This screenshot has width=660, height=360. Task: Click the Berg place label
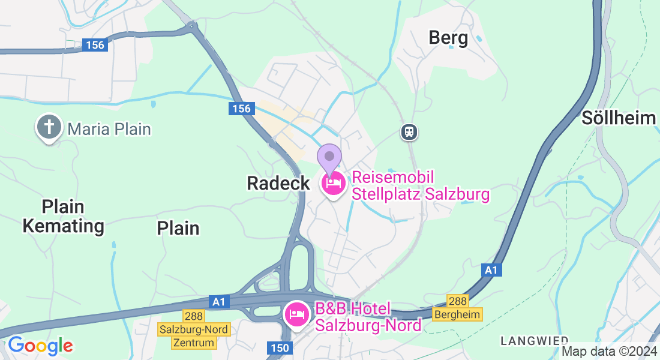point(448,38)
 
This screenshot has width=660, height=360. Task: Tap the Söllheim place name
point(619,118)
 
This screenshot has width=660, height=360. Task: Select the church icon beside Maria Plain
point(49,127)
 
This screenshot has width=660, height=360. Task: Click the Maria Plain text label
point(109,128)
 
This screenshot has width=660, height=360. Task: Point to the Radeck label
point(278,184)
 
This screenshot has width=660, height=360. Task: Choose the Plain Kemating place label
point(63,217)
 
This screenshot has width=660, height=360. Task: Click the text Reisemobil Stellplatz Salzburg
point(420,186)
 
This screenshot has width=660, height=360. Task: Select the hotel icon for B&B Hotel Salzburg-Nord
point(297,314)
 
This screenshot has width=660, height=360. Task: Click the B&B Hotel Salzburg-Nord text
point(368,317)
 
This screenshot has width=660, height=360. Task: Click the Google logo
point(40,346)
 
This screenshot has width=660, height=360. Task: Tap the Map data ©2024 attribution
point(608,352)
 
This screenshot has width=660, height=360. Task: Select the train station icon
point(409,131)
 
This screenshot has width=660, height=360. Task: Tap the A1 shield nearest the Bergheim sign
point(491,271)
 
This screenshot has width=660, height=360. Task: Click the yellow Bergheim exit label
point(458,314)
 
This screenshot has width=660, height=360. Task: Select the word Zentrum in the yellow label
point(193,343)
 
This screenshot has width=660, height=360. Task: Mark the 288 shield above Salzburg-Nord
point(194,316)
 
